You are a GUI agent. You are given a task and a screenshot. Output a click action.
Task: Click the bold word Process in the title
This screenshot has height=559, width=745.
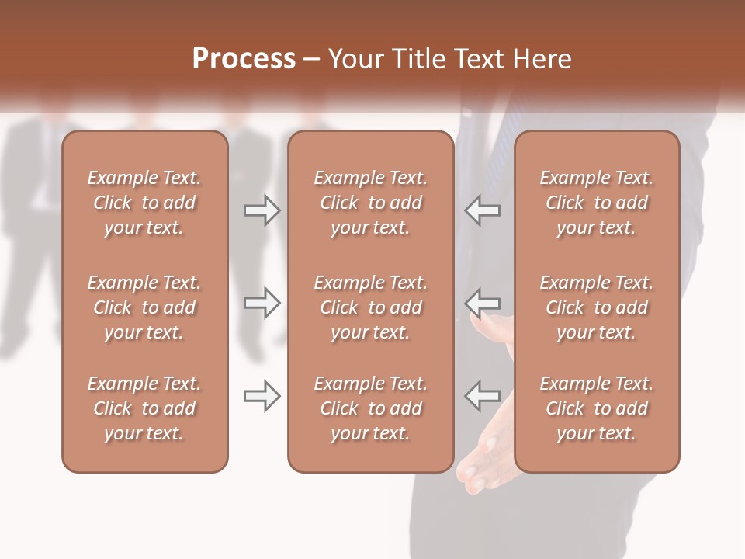coord(244,59)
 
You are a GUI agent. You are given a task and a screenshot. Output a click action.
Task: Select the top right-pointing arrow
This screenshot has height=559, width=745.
coord(262,210)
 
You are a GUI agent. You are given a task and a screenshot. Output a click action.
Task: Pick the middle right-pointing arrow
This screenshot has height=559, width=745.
coord(262,302)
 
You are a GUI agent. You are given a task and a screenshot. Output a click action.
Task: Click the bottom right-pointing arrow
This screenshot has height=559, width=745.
coord(262,396)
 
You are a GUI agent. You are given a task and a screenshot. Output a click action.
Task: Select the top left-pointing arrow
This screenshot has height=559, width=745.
coord(483,210)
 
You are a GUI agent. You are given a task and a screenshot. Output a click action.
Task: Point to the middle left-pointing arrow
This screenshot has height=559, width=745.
coord(483,302)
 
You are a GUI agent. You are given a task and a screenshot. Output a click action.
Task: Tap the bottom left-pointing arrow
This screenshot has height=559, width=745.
coord(483,396)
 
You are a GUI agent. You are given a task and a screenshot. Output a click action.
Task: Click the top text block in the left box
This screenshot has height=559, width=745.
coord(144,203)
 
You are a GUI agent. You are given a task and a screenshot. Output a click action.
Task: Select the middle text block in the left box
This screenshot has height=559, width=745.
coord(144,307)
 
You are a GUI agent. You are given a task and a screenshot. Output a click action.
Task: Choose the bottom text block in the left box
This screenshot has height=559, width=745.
coord(144,408)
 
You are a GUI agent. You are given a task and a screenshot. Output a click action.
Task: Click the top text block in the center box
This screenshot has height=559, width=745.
coord(370,203)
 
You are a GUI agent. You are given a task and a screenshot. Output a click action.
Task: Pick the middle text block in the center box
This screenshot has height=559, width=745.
coord(370,307)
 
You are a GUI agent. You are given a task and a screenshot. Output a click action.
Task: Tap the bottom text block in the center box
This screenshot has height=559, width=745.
coord(370,408)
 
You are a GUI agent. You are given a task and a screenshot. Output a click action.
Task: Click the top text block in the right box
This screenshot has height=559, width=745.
coord(597,203)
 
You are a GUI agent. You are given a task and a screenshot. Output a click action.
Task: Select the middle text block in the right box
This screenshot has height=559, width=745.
coord(597,307)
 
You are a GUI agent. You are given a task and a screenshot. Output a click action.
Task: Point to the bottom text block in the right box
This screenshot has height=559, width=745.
coord(597,408)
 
